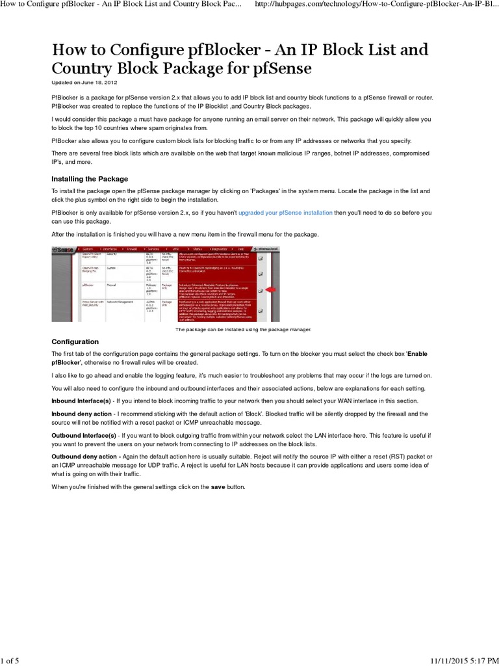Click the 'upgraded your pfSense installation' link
285,213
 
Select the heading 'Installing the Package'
90,179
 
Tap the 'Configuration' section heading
75,341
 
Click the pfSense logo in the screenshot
64,249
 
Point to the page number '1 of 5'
10,656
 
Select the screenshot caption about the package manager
244,330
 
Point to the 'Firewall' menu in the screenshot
132,249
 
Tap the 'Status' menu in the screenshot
198,249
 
